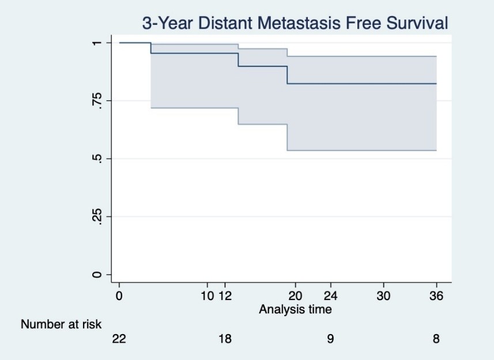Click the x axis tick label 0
pos(119,296)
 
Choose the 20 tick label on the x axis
pos(295,296)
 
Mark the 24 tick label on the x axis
pos(331,296)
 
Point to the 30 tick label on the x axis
pos(383,296)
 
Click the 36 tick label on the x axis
pos(436,296)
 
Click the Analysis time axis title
pos(295,309)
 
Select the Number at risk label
pos(61,324)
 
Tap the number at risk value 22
pos(119,339)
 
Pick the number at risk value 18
pos(225,339)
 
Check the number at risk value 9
pos(330,339)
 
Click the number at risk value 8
pos(436,339)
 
